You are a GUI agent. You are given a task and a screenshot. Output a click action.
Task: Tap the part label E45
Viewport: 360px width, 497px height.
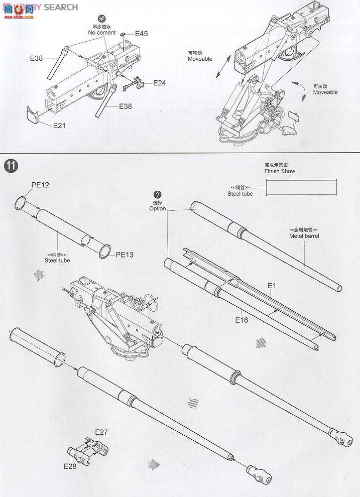click(141, 34)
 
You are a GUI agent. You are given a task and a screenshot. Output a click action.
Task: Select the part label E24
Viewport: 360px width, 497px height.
click(159, 82)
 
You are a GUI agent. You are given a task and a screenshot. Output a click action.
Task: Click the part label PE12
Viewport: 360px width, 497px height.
click(40, 185)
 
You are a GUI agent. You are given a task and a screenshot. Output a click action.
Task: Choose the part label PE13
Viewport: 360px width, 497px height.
click(125, 255)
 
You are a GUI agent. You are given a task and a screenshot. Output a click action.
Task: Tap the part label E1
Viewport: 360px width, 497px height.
click(272, 285)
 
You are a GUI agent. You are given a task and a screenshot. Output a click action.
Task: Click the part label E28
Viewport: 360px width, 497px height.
click(70, 465)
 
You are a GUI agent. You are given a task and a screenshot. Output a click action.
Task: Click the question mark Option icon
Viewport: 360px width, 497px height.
click(158, 195)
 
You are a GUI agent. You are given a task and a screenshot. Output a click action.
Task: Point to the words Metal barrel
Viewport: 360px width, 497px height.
click(304, 235)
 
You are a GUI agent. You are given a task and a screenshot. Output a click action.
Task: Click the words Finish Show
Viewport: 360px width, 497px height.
click(280, 171)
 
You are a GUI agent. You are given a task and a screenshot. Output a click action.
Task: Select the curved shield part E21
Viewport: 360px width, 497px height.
click(34, 114)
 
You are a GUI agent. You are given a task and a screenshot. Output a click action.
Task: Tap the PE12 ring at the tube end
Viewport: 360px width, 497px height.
click(20, 203)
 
